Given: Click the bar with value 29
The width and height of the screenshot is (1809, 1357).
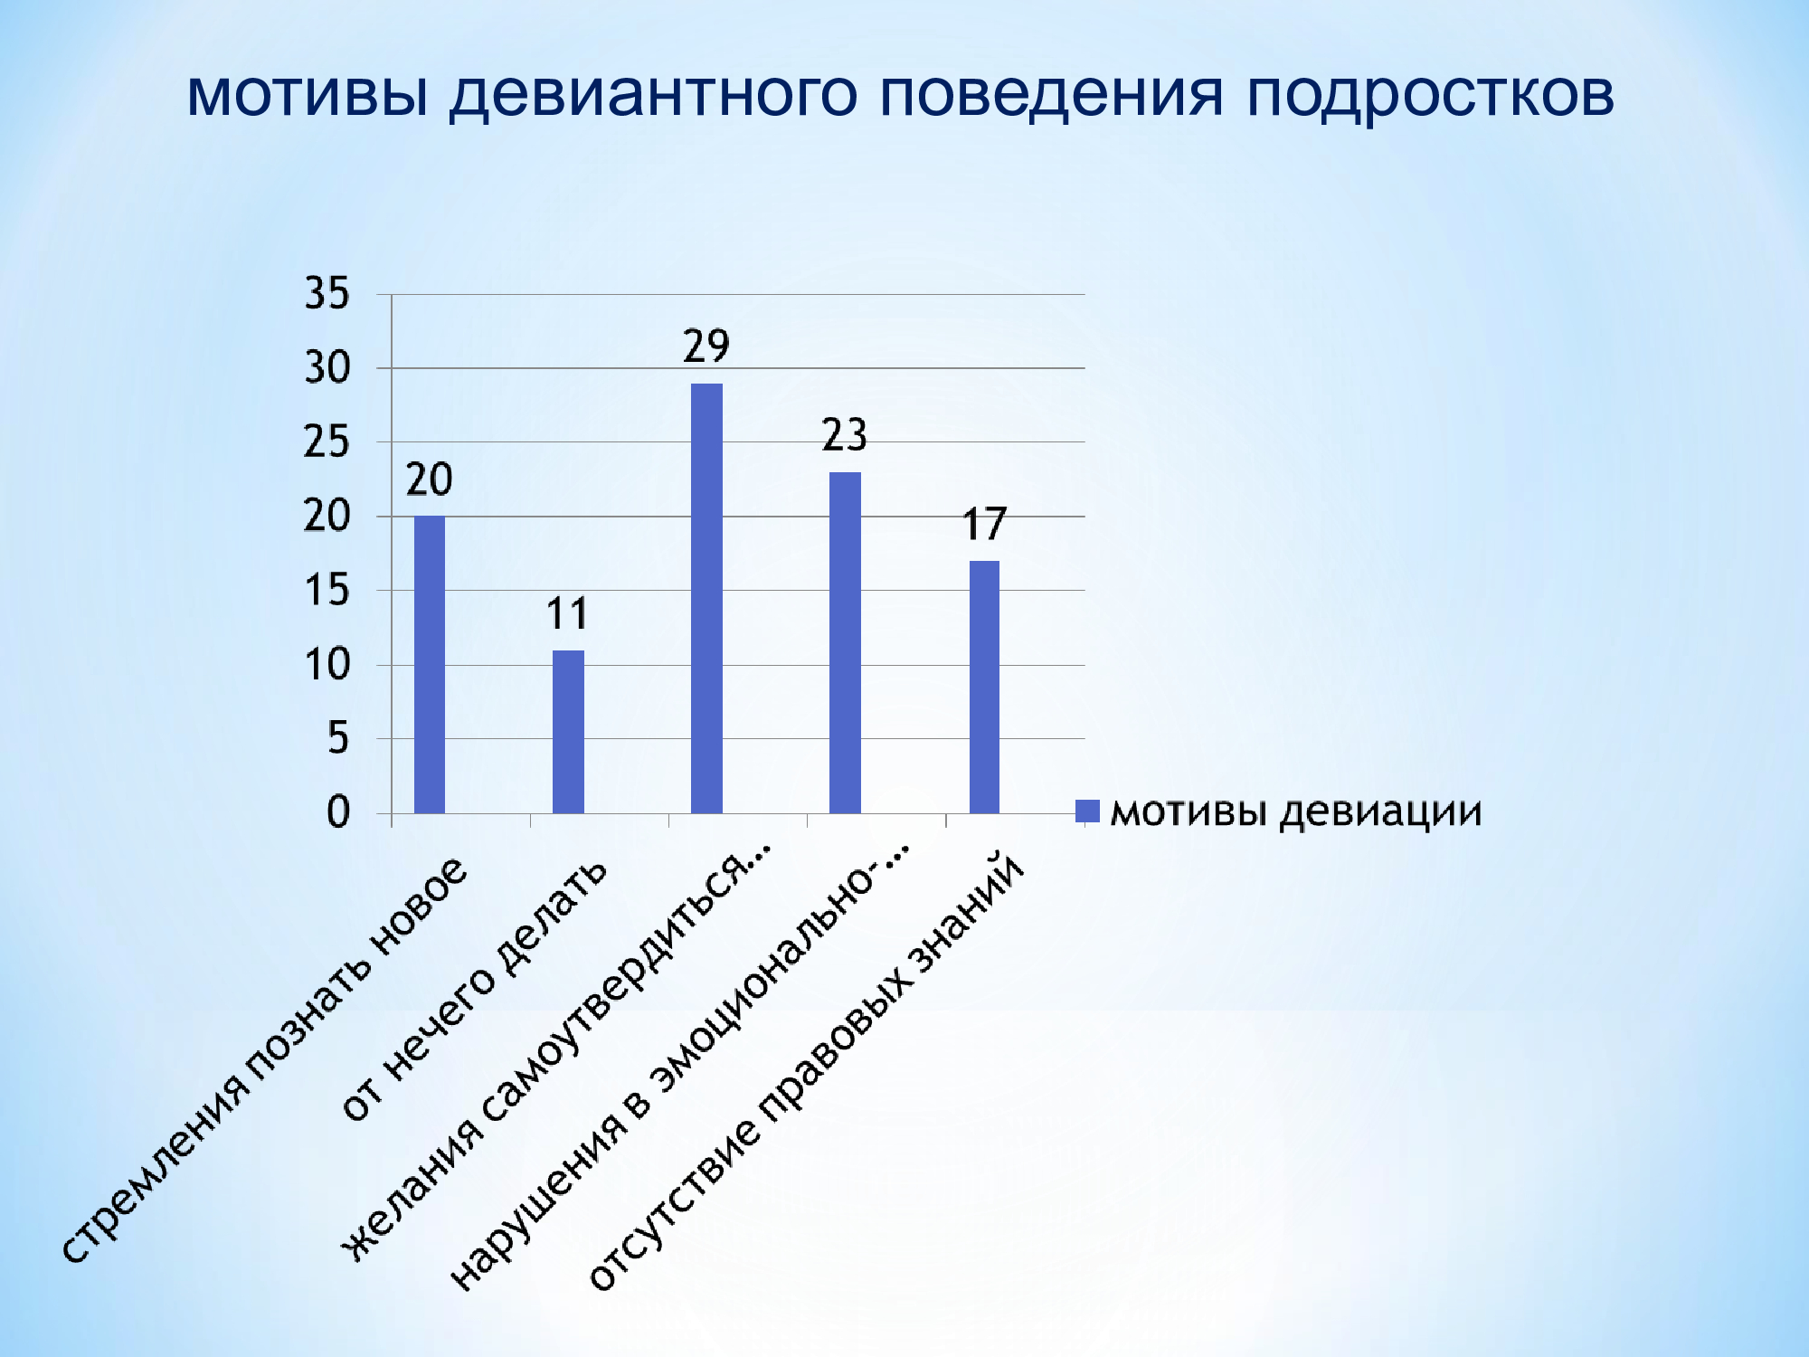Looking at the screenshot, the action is [x=706, y=598].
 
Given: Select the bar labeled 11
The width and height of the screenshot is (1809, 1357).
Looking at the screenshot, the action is [x=568, y=732].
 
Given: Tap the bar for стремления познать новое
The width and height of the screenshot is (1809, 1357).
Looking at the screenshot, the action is [x=430, y=665].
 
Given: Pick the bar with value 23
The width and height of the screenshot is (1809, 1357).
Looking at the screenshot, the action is [x=845, y=642].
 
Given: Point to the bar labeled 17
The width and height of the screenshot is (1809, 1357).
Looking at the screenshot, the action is [x=984, y=687].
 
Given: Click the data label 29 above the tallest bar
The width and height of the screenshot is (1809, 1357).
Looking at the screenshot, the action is [x=706, y=346].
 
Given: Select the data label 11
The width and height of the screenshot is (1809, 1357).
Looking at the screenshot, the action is [x=567, y=614].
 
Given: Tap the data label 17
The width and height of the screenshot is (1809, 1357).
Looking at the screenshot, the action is [x=984, y=525].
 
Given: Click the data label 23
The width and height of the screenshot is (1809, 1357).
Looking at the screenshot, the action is [x=845, y=435].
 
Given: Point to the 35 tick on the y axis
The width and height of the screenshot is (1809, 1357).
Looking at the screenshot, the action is [x=327, y=294].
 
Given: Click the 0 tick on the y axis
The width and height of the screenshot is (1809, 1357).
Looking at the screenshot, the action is [x=338, y=812].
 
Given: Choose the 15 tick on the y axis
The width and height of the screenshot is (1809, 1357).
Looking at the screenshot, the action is [x=327, y=591].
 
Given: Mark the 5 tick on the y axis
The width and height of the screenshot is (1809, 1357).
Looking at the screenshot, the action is [x=338, y=739].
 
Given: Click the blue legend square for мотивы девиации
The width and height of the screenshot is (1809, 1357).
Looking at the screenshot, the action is [x=1087, y=811].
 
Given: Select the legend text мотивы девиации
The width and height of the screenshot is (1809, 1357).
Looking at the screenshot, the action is [x=1296, y=811].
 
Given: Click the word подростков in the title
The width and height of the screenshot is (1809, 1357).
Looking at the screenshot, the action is [x=1430, y=94].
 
